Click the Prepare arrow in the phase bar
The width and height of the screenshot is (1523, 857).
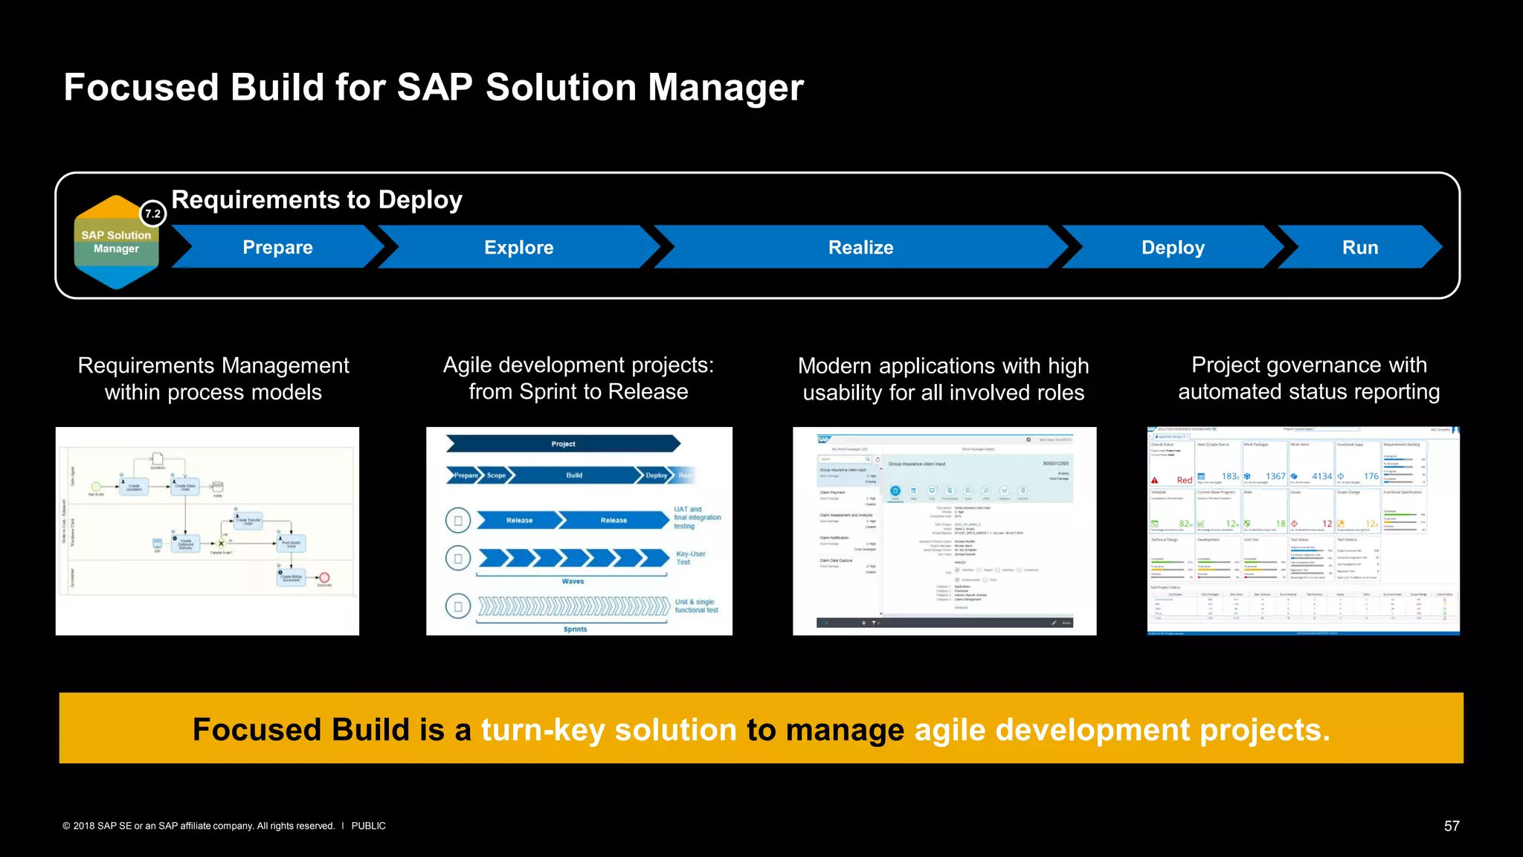277,248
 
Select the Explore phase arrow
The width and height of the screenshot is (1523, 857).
518,248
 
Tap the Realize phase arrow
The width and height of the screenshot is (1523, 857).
860,248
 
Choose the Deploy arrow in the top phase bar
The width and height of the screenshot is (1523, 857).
1172,248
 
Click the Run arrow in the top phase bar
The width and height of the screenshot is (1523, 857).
1359,248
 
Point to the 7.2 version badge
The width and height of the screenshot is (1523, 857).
153,214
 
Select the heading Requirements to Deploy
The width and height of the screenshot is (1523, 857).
317,200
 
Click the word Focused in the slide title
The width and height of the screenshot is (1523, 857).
141,87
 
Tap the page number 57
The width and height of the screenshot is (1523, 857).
1451,826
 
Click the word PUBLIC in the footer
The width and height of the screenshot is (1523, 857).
368,826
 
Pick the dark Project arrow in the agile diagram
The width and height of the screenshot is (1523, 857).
563,444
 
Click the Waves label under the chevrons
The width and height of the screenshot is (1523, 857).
573,582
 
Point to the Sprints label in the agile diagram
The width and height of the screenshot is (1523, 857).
575,629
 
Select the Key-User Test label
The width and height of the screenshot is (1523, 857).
690,558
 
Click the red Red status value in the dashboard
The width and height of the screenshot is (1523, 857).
1184,481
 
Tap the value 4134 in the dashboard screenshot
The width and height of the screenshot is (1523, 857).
1321,476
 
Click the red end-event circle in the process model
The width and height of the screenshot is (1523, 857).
324,577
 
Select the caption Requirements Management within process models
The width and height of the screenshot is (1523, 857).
213,379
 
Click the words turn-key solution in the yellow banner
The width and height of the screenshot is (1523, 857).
609,730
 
